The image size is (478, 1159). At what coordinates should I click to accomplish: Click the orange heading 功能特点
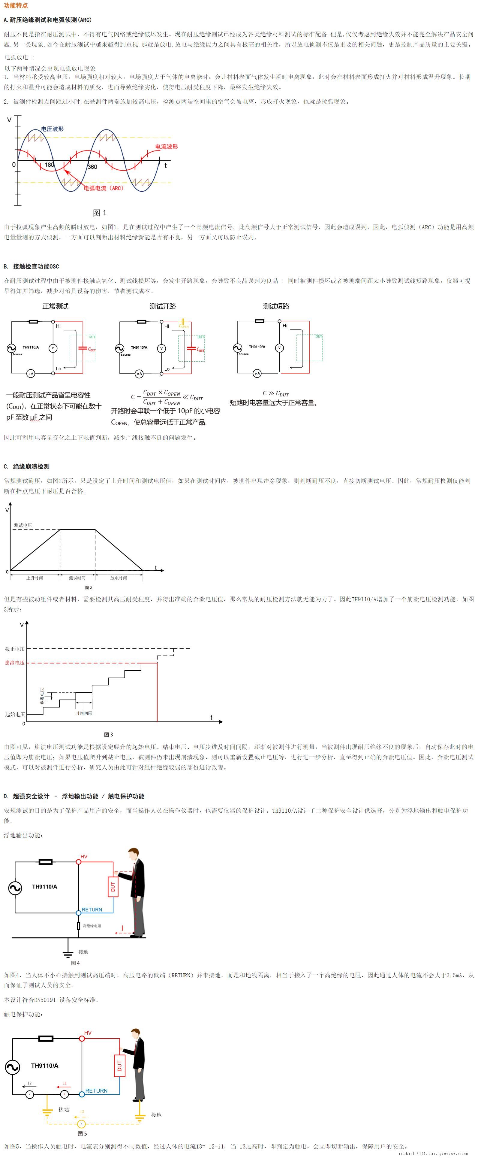[16, 5]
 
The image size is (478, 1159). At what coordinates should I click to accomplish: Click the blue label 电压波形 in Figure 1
[52, 129]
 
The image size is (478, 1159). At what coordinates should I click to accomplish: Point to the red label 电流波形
[166, 146]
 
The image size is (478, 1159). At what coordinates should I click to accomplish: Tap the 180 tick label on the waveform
[50, 165]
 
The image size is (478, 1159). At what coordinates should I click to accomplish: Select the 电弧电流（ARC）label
[104, 188]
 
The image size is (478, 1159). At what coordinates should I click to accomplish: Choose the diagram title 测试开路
[162, 306]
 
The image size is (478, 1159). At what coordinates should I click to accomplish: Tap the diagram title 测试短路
[276, 306]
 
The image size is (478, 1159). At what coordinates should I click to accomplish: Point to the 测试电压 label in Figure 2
[23, 525]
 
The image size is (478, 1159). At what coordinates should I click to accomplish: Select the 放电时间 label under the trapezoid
[119, 578]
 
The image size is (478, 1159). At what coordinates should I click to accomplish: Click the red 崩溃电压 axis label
[15, 663]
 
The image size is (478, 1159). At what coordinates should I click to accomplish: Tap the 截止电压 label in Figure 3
[15, 649]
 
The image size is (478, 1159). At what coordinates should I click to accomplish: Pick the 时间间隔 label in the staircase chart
[84, 713]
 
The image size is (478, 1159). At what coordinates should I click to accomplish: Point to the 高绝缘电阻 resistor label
[92, 926]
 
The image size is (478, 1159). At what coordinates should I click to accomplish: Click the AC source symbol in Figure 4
[15, 888]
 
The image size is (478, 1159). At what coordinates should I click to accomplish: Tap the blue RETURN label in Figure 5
[96, 1091]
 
